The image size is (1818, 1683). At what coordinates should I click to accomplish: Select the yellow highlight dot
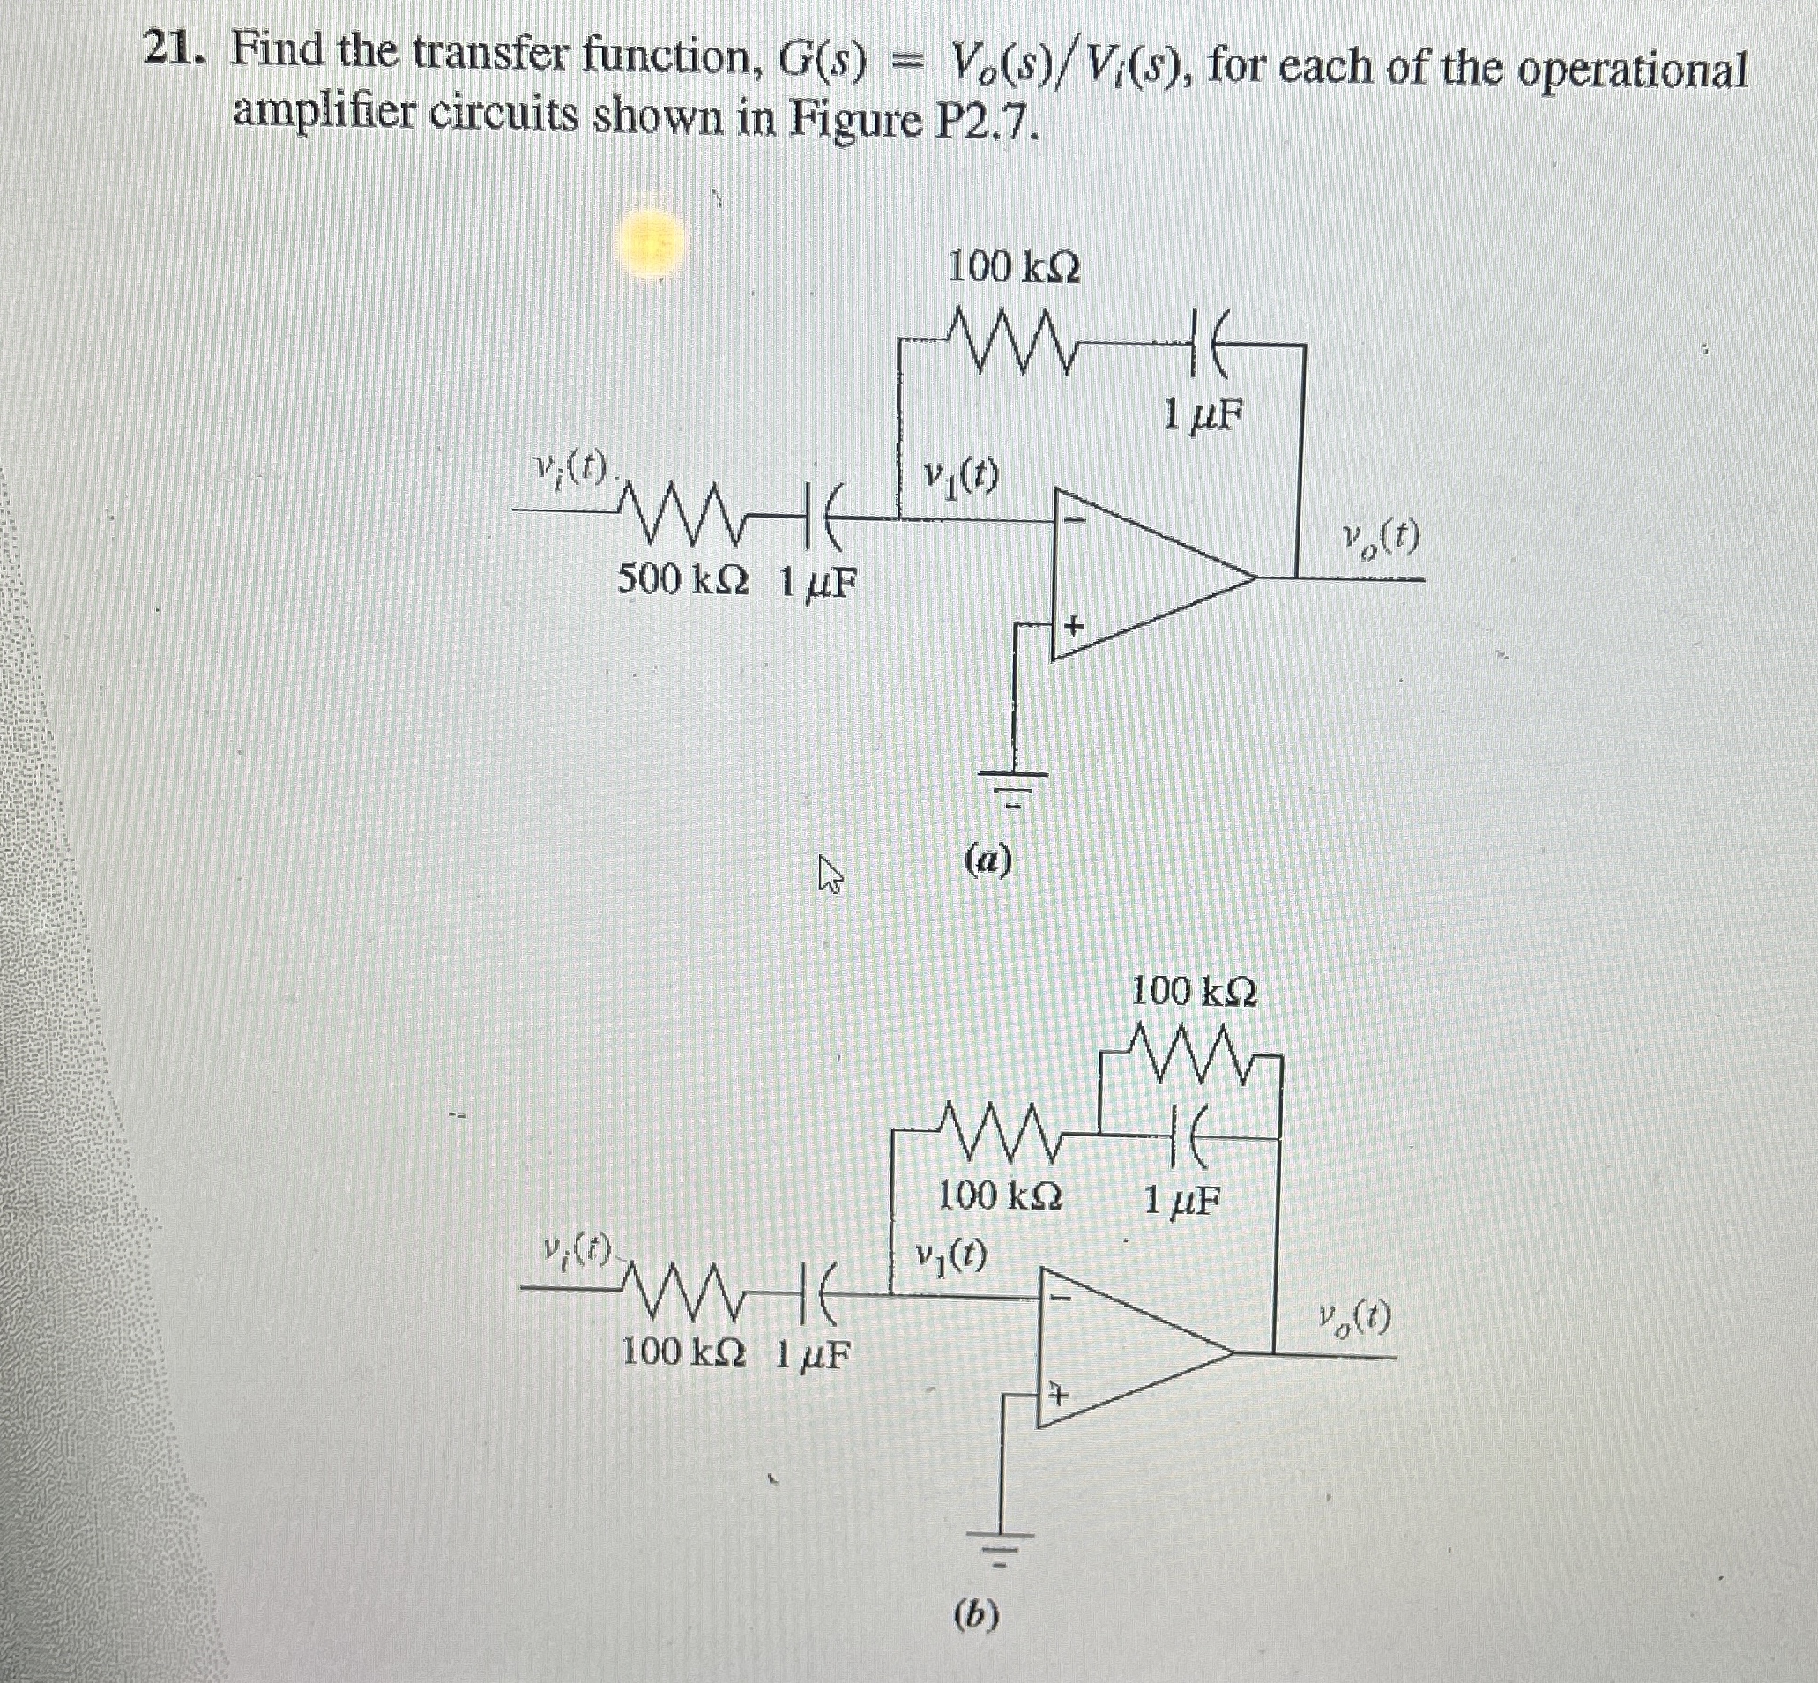[x=654, y=244]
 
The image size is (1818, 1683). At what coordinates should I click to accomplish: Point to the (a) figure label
[x=987, y=858]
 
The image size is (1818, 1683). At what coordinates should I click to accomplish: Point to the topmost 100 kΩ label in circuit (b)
[x=1193, y=993]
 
